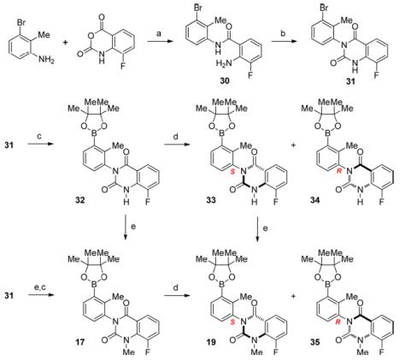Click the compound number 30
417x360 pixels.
point(225,81)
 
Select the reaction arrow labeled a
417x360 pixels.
point(161,42)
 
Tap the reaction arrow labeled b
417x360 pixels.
point(285,42)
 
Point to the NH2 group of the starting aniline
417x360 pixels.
point(46,60)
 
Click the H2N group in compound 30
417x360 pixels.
point(224,63)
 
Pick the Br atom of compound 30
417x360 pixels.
point(198,8)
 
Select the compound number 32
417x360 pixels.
point(80,200)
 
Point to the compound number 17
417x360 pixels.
point(80,341)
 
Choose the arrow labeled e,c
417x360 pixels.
point(41,295)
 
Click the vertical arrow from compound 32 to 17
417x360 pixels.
point(126,227)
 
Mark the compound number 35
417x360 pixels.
point(315,341)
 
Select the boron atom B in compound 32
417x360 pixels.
point(95,133)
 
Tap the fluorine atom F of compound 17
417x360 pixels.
point(148,351)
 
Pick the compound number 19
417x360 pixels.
point(211,341)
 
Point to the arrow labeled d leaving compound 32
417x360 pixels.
point(177,145)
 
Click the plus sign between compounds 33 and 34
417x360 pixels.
point(293,145)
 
